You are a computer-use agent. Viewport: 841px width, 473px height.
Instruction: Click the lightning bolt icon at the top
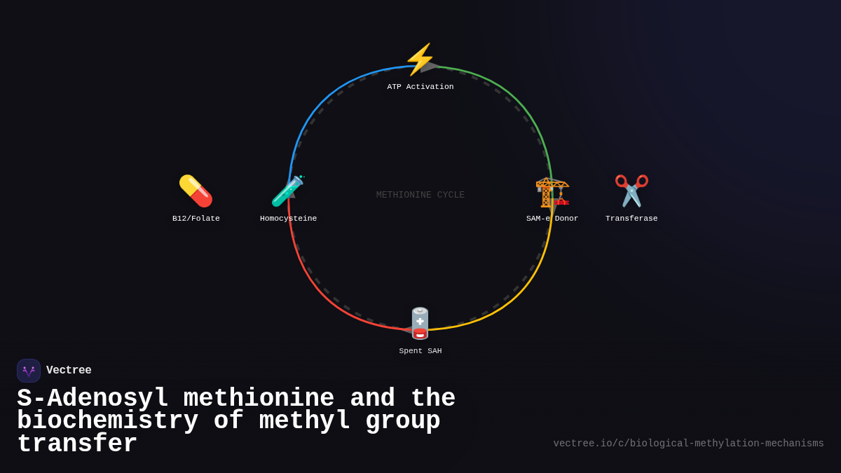tap(420, 60)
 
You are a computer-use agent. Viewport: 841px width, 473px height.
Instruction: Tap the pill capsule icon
tap(196, 191)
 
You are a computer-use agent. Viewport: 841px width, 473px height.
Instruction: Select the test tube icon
tap(287, 191)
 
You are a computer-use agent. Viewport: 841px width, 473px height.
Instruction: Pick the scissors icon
tap(631, 191)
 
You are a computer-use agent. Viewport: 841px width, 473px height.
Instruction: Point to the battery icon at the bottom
tap(420, 323)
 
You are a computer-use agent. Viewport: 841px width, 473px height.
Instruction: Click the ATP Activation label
tap(420, 87)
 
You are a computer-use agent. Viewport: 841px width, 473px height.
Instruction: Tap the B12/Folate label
tap(196, 219)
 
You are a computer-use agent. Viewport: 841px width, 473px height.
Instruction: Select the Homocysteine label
tap(288, 219)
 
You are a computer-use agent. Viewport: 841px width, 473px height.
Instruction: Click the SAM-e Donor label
tap(552, 219)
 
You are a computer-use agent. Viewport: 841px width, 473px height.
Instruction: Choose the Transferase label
tap(631, 219)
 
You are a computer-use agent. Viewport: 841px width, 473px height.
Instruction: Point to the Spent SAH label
tap(420, 351)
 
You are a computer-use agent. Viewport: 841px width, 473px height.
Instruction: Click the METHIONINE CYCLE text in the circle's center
tap(420, 196)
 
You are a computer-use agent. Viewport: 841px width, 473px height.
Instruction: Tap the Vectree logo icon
tap(29, 371)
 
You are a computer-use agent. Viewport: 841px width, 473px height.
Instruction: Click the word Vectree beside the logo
tap(69, 371)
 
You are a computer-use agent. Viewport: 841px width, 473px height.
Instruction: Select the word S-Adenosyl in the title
tap(93, 399)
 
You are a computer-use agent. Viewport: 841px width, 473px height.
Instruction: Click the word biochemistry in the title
tap(107, 421)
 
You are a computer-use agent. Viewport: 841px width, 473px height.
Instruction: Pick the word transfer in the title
tap(77, 444)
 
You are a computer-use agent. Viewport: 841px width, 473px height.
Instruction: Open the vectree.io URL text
tap(688, 444)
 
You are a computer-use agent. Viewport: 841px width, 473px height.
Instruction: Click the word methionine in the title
tap(259, 399)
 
